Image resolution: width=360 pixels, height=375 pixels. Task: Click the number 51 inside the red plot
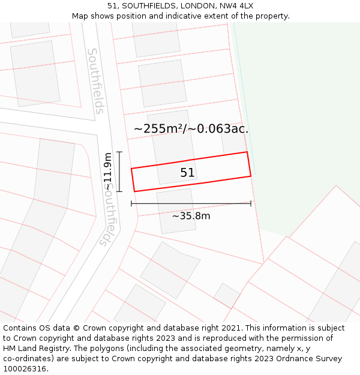click(x=187, y=173)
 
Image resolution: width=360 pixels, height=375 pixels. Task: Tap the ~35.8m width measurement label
click(x=191, y=216)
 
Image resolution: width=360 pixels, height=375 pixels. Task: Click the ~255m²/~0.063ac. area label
click(x=191, y=128)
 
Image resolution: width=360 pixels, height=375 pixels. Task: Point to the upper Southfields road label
click(x=95, y=81)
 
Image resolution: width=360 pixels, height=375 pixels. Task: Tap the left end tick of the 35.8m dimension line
click(x=131, y=204)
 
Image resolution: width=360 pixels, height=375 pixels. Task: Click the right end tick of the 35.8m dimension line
click(x=251, y=204)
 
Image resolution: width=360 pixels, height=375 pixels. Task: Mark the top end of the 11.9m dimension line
click(x=119, y=152)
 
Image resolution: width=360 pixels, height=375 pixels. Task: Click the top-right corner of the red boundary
click(x=247, y=152)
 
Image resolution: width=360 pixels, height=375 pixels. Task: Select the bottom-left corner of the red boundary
click(x=134, y=191)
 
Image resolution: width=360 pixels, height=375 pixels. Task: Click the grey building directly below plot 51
click(x=176, y=211)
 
